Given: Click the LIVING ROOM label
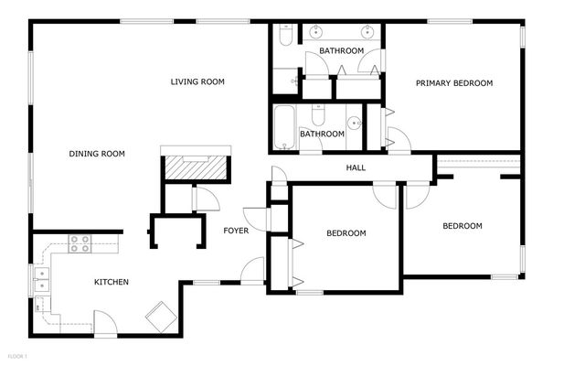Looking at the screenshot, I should click(197, 82).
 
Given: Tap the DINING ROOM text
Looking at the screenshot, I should click(97, 154).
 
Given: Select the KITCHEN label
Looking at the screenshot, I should click(112, 282).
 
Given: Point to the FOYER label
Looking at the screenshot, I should click(236, 231).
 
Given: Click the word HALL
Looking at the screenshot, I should click(356, 167).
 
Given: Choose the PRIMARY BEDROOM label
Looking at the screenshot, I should click(454, 83).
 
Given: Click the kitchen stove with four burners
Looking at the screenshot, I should click(80, 243).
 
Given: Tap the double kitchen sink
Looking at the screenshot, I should click(40, 282).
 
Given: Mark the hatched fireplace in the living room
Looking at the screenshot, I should click(196, 167).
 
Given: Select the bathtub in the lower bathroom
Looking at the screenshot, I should click(284, 129).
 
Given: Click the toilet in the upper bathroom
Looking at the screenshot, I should click(283, 37).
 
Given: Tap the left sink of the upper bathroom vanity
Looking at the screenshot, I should click(317, 30).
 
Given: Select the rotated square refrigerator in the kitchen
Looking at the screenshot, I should click(164, 317).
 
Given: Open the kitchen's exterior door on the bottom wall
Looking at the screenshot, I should click(105, 323).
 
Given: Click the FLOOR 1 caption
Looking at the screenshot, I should click(17, 355).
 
